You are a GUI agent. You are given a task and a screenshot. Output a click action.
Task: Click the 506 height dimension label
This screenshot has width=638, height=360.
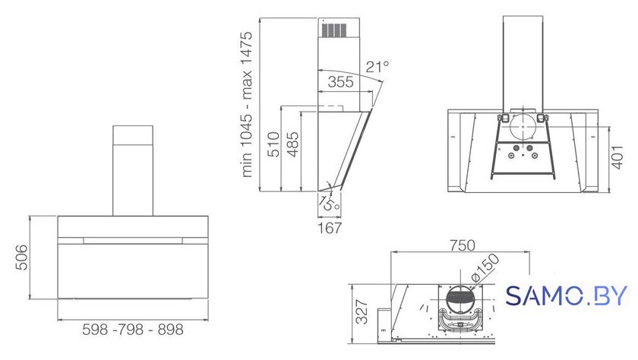click(x=21, y=257)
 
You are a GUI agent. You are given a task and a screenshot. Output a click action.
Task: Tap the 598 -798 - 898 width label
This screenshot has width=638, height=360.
click(x=133, y=330)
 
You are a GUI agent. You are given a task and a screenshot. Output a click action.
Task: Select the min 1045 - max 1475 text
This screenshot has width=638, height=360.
click(x=247, y=105)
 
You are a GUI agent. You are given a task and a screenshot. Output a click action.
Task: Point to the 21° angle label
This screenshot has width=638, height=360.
click(x=377, y=66)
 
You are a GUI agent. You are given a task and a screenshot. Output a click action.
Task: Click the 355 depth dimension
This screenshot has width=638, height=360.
click(x=340, y=82)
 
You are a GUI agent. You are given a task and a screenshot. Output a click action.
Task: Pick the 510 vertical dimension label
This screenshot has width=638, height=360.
click(x=273, y=144)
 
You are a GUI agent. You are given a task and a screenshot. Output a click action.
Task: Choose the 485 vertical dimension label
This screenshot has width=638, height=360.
click(x=292, y=144)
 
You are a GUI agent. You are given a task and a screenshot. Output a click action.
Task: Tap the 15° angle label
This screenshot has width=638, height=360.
click(x=329, y=203)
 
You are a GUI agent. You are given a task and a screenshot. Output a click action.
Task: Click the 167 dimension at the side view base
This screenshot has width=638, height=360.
click(x=330, y=228)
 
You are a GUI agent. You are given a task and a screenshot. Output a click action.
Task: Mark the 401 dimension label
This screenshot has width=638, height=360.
click(x=617, y=157)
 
